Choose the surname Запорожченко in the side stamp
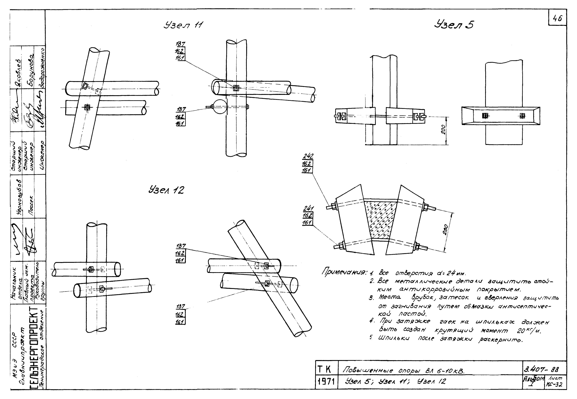41,68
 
